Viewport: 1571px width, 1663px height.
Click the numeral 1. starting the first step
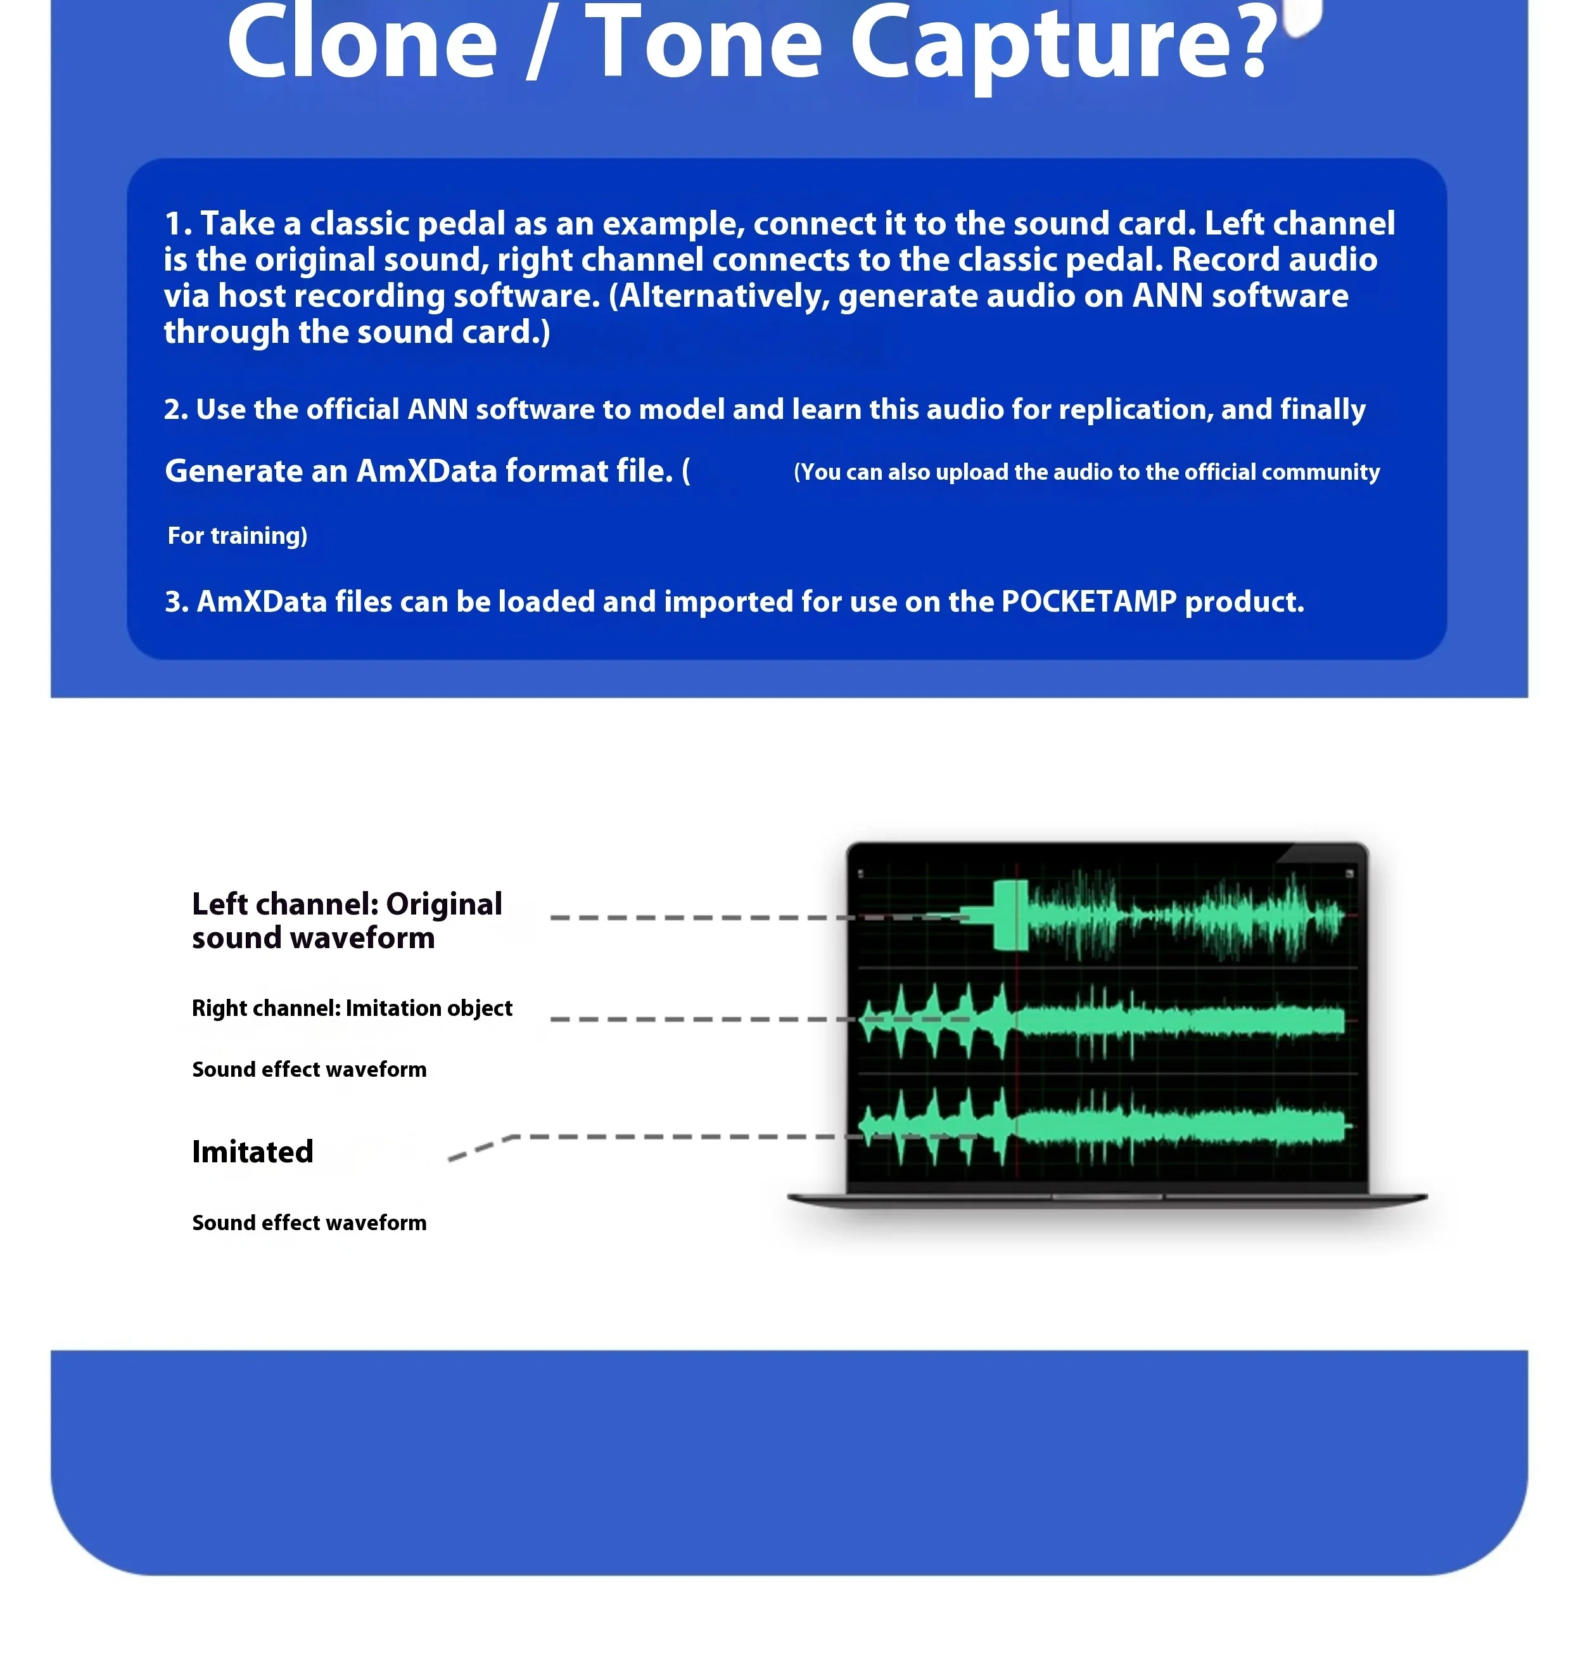click(179, 224)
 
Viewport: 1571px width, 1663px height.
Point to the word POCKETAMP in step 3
click(1089, 601)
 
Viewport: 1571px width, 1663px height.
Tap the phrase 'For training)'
click(237, 536)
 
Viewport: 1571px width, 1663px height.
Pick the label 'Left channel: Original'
click(347, 904)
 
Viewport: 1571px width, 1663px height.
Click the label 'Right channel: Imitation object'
click(352, 1008)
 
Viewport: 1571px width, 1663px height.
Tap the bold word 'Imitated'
click(252, 1152)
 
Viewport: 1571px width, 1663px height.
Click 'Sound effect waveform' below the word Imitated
click(309, 1223)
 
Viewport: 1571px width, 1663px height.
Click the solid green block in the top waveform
click(1010, 915)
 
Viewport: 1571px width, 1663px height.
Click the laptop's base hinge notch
click(1107, 1197)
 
